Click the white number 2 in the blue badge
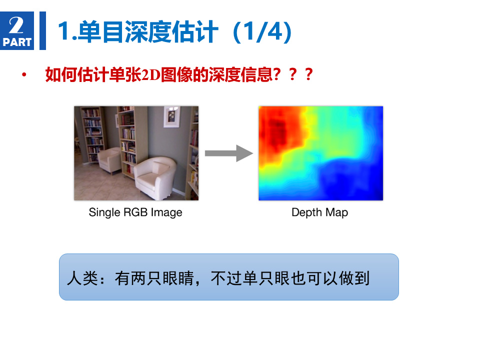(x=16, y=25)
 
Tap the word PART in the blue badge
(x=17, y=42)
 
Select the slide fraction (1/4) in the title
(x=262, y=32)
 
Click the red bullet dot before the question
(x=24, y=74)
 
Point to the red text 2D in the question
(x=150, y=74)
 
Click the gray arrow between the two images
(x=229, y=153)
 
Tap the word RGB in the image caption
(x=135, y=212)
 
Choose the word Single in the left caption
(x=104, y=212)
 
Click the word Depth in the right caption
(x=306, y=212)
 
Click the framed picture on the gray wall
(x=171, y=116)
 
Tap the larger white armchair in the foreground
(x=155, y=177)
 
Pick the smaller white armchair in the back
(x=109, y=160)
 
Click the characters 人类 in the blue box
(x=82, y=278)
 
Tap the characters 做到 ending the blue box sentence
(x=354, y=278)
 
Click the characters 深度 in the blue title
(x=148, y=32)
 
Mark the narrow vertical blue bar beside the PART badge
(x=43, y=30)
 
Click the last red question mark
(x=309, y=74)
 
